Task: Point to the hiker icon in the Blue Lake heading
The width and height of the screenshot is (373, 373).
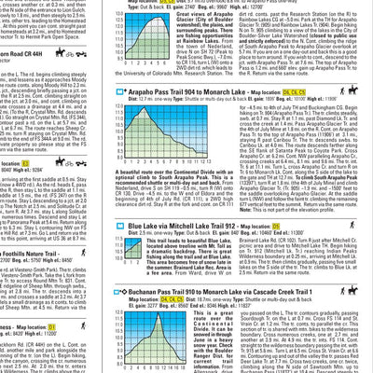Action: pyautogui.click(x=359, y=226)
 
